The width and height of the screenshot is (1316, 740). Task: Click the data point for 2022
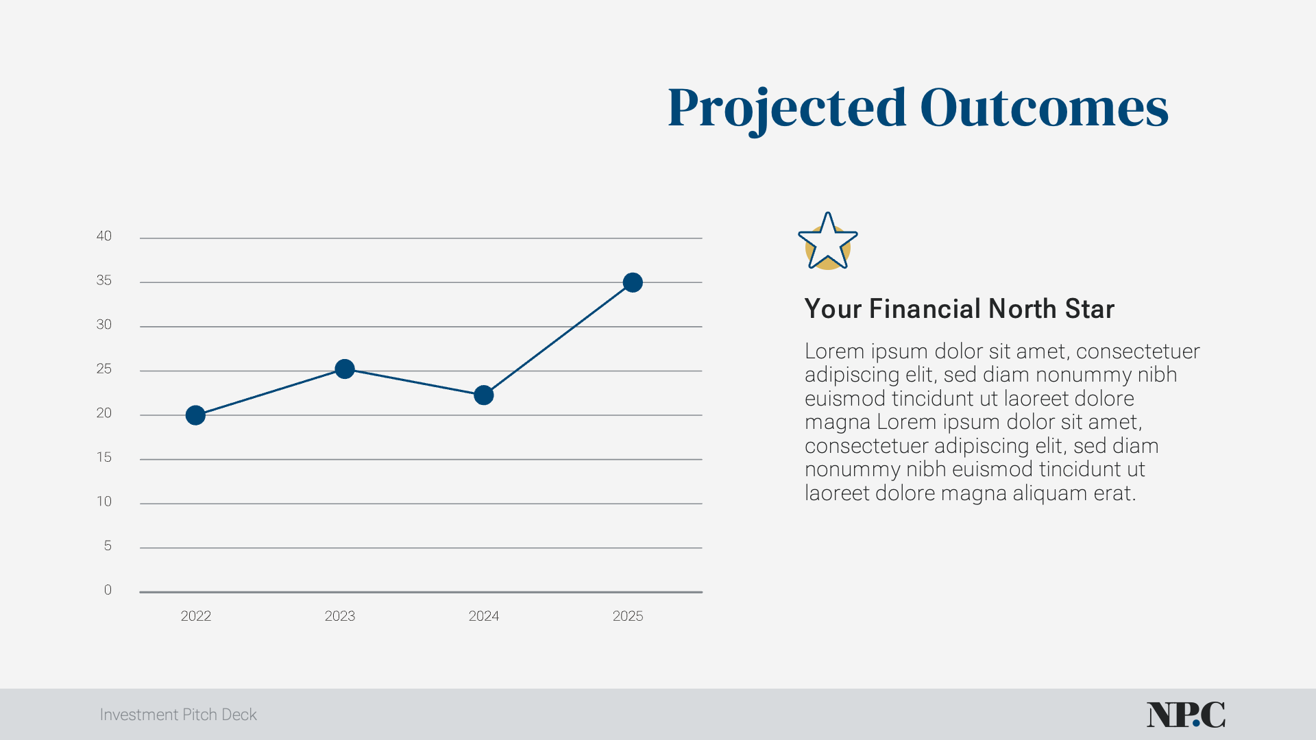coord(195,415)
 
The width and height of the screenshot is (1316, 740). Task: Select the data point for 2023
coord(345,369)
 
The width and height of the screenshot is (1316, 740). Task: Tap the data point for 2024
coord(484,395)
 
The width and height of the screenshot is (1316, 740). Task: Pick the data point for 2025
coord(633,282)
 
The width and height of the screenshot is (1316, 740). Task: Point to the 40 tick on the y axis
coord(103,236)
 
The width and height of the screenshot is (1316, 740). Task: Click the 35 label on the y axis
coord(103,280)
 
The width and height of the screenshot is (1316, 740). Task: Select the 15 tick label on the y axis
coord(103,457)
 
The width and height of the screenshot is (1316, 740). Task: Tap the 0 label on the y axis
coord(108,590)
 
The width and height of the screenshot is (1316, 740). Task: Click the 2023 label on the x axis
coord(340,616)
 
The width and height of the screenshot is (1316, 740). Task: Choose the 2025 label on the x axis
coord(628,616)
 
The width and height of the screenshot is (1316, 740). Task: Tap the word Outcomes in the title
coord(1043,108)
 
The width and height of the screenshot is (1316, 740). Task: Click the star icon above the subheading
coord(828,241)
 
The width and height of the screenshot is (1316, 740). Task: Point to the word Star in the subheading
coord(1089,309)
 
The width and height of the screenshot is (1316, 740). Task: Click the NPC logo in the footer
coord(1186,715)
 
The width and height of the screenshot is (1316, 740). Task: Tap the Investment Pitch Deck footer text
coord(178,715)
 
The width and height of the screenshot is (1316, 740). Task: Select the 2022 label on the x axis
coord(196,616)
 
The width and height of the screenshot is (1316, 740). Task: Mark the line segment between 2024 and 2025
coord(559,338)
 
